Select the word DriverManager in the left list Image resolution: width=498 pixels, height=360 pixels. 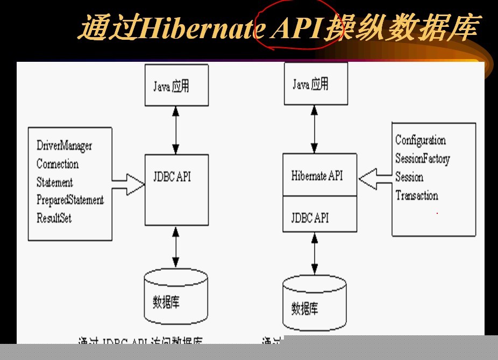click(64, 146)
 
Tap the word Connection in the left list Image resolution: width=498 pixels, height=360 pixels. click(58, 164)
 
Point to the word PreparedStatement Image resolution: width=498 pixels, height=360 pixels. click(70, 200)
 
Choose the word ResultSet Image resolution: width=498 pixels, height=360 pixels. click(54, 218)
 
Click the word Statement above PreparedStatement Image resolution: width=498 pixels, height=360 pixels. click(54, 182)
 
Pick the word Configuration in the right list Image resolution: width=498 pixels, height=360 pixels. click(421, 140)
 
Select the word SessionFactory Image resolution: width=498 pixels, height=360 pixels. click(422, 159)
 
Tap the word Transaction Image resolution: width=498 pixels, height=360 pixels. click(417, 196)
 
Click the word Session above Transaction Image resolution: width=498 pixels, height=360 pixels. click(409, 177)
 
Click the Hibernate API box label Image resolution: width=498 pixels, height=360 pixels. click(317, 176)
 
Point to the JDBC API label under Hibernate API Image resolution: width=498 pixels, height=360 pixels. click(310, 218)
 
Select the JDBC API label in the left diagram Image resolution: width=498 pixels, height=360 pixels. click(172, 177)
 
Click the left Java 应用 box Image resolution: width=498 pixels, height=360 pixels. click(176, 86)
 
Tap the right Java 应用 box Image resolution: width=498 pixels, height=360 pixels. click(316, 84)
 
